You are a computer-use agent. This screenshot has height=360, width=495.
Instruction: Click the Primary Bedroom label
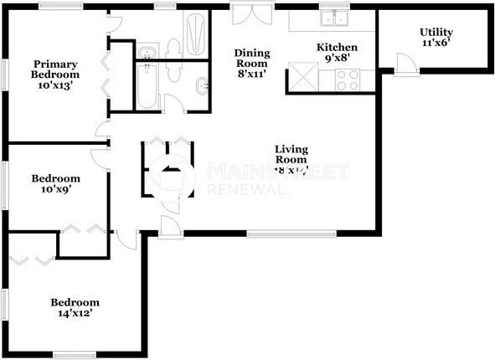[55, 73]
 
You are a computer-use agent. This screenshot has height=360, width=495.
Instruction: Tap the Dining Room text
[251, 63]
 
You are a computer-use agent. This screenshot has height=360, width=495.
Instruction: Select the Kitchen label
[338, 53]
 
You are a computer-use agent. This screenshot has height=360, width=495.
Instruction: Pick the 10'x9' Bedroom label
[55, 184]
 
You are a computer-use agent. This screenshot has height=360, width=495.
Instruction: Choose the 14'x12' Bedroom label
[75, 307]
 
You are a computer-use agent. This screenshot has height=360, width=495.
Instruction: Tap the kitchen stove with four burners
[348, 80]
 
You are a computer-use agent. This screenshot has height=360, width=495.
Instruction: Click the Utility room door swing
[405, 64]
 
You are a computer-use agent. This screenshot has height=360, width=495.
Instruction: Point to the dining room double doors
[250, 17]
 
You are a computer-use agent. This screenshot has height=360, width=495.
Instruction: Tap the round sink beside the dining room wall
[203, 85]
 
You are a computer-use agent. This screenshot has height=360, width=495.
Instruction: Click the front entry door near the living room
[170, 227]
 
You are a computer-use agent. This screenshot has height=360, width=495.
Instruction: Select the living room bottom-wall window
[291, 234]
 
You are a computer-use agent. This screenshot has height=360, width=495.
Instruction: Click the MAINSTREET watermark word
[276, 172]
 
